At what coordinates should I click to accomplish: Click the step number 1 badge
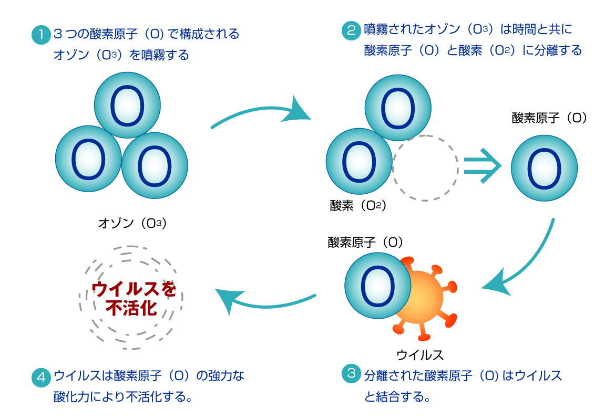pos(41,35)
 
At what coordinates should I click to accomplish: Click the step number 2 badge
pos(351,30)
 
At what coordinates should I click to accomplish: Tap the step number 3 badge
pos(351,373)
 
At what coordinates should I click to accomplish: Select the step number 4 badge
pos(41,377)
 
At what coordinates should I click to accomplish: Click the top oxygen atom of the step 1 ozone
pos(127,105)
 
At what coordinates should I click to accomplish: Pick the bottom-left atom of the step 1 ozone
pos(88,159)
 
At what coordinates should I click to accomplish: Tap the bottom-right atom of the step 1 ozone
pos(155,165)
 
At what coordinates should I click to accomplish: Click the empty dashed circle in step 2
pos(425,168)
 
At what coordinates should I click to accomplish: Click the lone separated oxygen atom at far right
pos(544,168)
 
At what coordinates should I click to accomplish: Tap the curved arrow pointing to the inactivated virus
pos(263,301)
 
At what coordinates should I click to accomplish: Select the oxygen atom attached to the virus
pos(377,286)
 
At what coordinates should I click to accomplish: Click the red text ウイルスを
pos(133,289)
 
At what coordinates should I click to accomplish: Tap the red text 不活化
pos(131,308)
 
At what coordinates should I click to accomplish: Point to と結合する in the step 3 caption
pos(397,396)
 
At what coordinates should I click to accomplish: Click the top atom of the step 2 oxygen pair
pos(398,108)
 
